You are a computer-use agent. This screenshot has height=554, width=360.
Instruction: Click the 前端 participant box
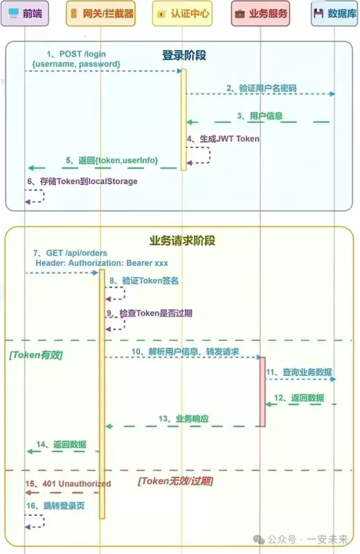point(24,13)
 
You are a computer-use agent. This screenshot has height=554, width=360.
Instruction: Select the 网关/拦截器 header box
point(101,13)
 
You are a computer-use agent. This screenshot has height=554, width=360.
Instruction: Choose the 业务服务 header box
point(262,13)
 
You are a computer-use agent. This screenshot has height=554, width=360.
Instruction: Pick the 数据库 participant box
point(335,13)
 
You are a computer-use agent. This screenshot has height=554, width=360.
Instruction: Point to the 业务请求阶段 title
point(182,240)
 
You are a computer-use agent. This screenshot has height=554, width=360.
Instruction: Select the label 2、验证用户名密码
point(261,88)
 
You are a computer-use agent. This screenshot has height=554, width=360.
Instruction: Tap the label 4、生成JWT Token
point(223,139)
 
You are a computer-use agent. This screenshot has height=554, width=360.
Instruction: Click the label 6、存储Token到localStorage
point(82,181)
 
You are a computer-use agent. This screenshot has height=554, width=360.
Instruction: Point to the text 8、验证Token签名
point(143,280)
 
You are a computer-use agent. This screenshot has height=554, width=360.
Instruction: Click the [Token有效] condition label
point(36,355)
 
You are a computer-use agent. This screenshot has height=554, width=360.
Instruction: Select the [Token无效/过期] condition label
point(175,482)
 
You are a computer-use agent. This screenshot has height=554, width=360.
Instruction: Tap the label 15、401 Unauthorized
point(68,484)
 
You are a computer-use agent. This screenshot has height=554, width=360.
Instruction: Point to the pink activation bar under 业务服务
point(262,391)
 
